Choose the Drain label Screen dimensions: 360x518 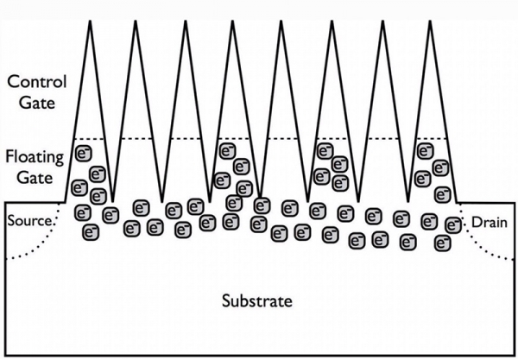pos(488,223)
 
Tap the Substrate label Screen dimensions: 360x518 pos(257,302)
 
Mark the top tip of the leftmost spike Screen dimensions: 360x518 pos(91,18)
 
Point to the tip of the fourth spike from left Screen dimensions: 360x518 pos(233,18)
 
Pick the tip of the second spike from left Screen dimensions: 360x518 pos(136,18)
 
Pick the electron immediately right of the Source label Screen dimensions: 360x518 pos(84,212)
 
